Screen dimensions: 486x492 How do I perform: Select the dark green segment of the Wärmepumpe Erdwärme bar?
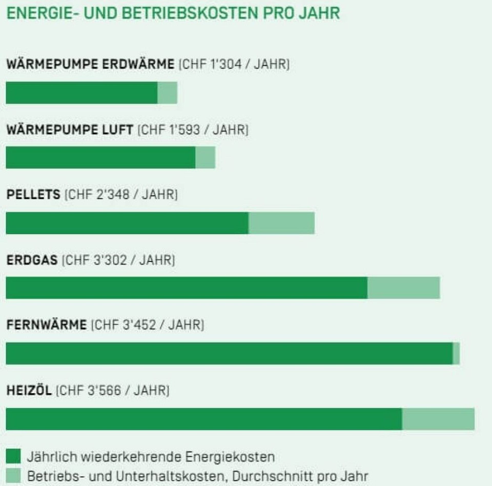81,93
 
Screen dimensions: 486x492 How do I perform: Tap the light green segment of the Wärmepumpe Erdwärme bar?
167,93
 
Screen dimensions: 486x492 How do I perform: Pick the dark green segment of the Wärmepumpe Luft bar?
100,157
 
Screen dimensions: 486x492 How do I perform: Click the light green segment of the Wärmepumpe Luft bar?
205,157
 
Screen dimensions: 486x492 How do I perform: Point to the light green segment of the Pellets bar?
281,223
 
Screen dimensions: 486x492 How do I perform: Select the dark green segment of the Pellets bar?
127,223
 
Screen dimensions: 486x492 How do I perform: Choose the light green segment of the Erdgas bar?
404,288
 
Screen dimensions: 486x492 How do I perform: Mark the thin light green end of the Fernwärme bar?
456,353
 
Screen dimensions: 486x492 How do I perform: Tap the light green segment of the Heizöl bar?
438,419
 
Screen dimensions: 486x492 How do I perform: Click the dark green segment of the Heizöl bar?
204,419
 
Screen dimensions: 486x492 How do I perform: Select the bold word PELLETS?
33,194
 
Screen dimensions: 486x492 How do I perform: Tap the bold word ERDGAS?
32,260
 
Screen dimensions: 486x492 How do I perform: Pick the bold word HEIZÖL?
29,391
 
